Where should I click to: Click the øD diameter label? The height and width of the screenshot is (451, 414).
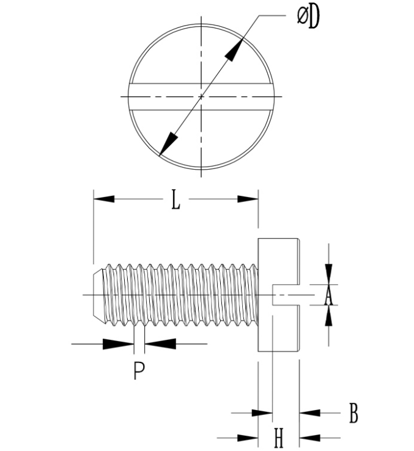308,17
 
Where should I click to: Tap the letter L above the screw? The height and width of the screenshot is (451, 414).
176,200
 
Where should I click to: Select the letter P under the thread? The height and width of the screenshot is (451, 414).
139,371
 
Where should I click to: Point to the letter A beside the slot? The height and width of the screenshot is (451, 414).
328,297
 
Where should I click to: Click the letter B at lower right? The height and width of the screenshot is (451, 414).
353,413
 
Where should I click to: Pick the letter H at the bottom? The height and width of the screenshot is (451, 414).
278,438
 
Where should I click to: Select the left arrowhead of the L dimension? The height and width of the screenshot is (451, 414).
104,199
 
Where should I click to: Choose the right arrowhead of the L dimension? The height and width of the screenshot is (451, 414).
248,199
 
